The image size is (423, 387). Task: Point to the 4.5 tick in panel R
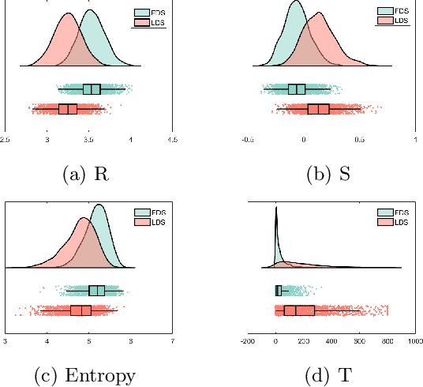coord(172,140)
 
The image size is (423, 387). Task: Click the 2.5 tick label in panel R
coord(6,140)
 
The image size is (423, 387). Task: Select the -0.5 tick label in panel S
coord(249,140)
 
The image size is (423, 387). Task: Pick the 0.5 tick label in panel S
coord(360,140)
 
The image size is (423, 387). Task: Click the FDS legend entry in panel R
coord(152,13)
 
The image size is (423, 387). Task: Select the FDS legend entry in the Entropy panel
coord(152,212)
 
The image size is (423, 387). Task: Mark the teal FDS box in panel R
coord(92,89)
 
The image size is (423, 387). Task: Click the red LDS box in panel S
coord(319,109)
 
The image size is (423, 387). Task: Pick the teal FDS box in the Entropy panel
coord(97,291)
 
